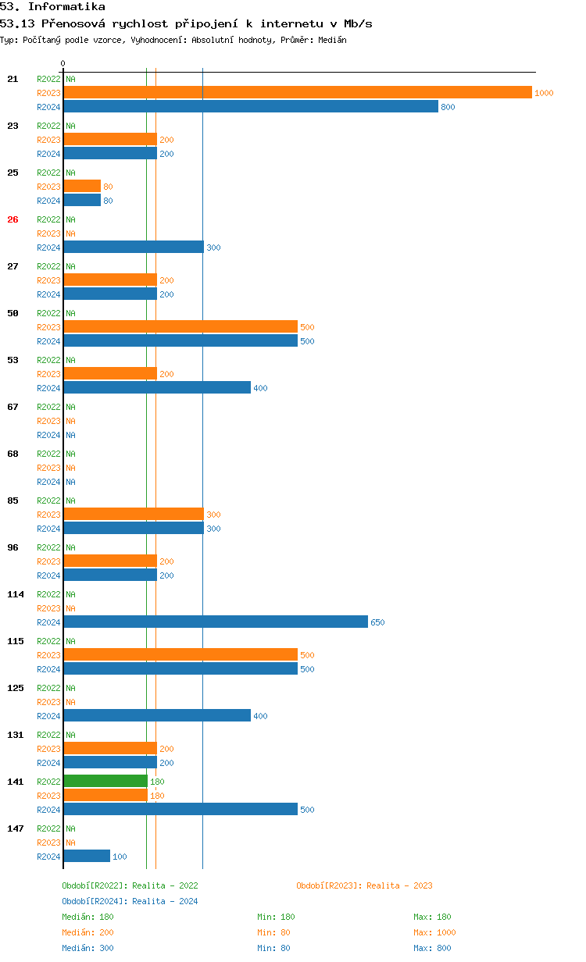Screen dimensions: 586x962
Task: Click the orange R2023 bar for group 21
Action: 298,92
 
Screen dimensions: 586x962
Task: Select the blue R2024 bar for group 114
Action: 216,622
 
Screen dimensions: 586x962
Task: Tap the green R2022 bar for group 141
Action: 105,781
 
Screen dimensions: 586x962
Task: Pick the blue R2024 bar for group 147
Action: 87,856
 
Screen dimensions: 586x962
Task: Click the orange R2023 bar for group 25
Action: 82,186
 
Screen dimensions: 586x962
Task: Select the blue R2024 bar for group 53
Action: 157,387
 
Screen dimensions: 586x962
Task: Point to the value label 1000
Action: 544,93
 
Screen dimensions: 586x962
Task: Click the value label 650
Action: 377,622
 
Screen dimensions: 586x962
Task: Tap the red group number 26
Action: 13,219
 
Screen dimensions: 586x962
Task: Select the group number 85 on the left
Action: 13,501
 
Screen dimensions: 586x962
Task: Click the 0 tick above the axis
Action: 63,63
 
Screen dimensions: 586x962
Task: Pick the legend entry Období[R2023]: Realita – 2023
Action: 364,885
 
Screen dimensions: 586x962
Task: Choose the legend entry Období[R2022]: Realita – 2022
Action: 130,885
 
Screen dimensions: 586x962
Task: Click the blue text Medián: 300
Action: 88,948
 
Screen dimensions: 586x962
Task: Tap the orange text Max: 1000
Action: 434,932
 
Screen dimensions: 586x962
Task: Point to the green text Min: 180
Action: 276,917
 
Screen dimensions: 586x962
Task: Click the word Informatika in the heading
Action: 66,6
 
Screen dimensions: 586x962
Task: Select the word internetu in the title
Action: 291,23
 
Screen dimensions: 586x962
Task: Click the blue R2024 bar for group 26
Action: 134,247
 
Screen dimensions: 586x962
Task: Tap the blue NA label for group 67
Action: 70,435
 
